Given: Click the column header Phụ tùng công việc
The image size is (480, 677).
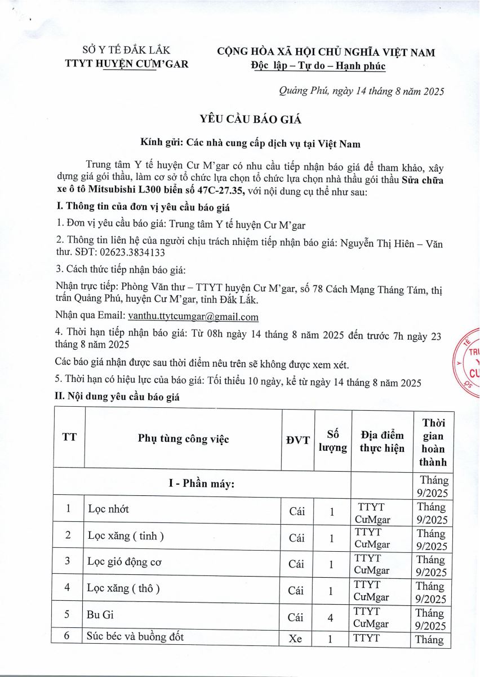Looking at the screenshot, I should point(183,439).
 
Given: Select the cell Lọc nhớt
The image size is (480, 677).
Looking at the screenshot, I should point(109,509).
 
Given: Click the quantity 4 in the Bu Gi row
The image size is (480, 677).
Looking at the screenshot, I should point(332,617).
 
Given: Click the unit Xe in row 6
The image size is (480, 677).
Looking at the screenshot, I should point(297,640).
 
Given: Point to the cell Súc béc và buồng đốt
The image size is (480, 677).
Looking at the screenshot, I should point(135,638).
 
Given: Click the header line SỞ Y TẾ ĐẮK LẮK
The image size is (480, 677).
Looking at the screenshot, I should point(126,50).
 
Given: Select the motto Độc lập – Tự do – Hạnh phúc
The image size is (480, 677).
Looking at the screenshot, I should point(318,66).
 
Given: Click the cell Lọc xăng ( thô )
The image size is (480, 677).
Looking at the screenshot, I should point(123,588).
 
